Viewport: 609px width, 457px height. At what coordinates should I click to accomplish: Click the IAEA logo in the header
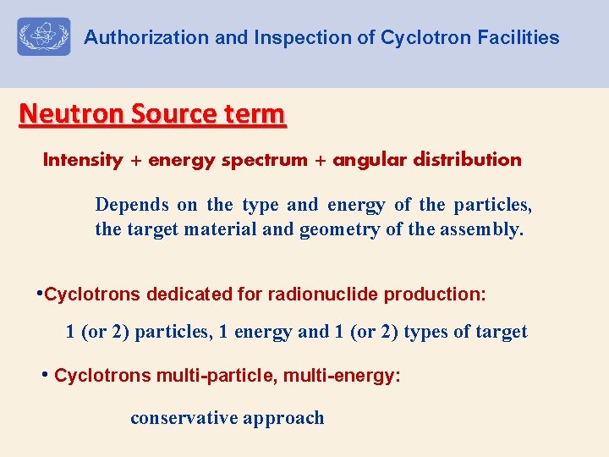[x=44, y=37]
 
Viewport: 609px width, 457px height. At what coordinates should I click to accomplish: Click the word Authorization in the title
[x=134, y=38]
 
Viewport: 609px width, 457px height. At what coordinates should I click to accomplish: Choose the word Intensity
[x=83, y=160]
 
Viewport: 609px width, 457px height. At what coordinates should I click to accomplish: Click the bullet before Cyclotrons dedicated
[x=39, y=293]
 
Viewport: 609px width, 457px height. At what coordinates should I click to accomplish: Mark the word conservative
[x=184, y=418]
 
